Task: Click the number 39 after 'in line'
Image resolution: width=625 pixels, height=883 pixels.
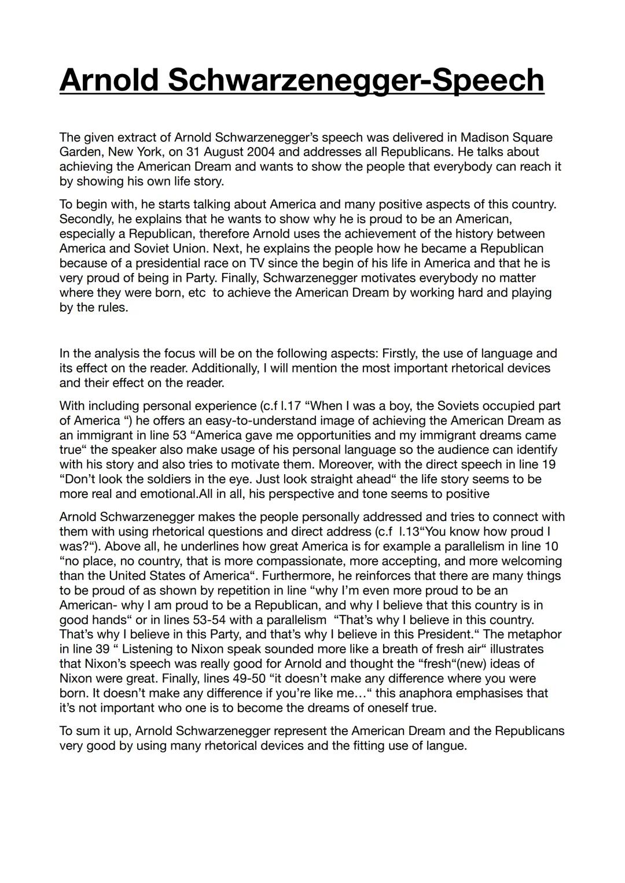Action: pos(102,649)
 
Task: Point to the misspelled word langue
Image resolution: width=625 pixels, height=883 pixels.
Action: pos(446,746)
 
